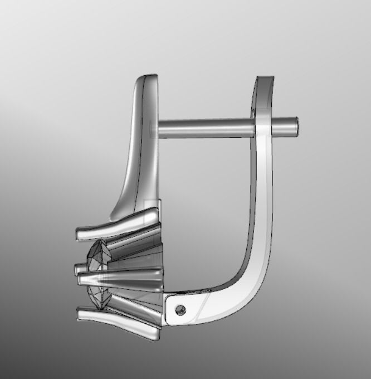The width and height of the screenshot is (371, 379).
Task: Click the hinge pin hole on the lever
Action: click(x=179, y=308)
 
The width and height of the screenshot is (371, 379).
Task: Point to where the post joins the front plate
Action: click(x=158, y=129)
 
